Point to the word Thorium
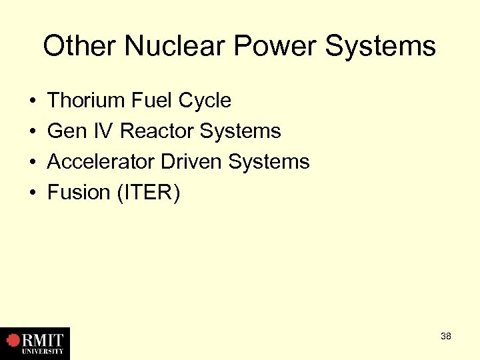click(x=87, y=101)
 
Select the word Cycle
click(x=205, y=101)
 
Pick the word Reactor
click(x=157, y=131)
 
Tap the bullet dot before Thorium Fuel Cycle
click(x=33, y=102)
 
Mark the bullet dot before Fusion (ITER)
click(x=33, y=194)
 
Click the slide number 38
click(x=445, y=336)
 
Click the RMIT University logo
click(x=35, y=343)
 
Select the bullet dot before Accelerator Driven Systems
click(x=33, y=163)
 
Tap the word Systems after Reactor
click(x=240, y=132)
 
